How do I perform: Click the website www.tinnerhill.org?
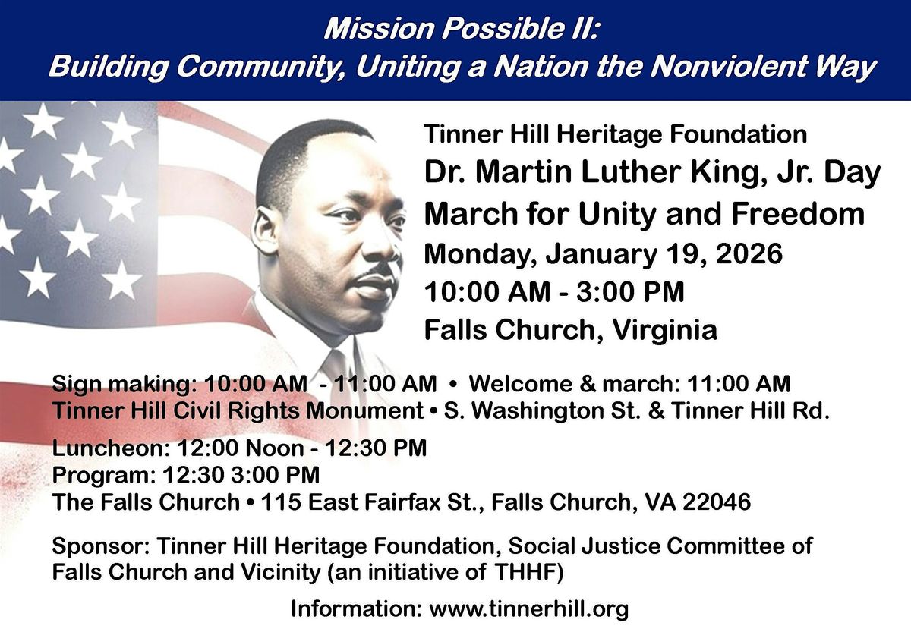pos(529,608)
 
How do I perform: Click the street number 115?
pos(279,502)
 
